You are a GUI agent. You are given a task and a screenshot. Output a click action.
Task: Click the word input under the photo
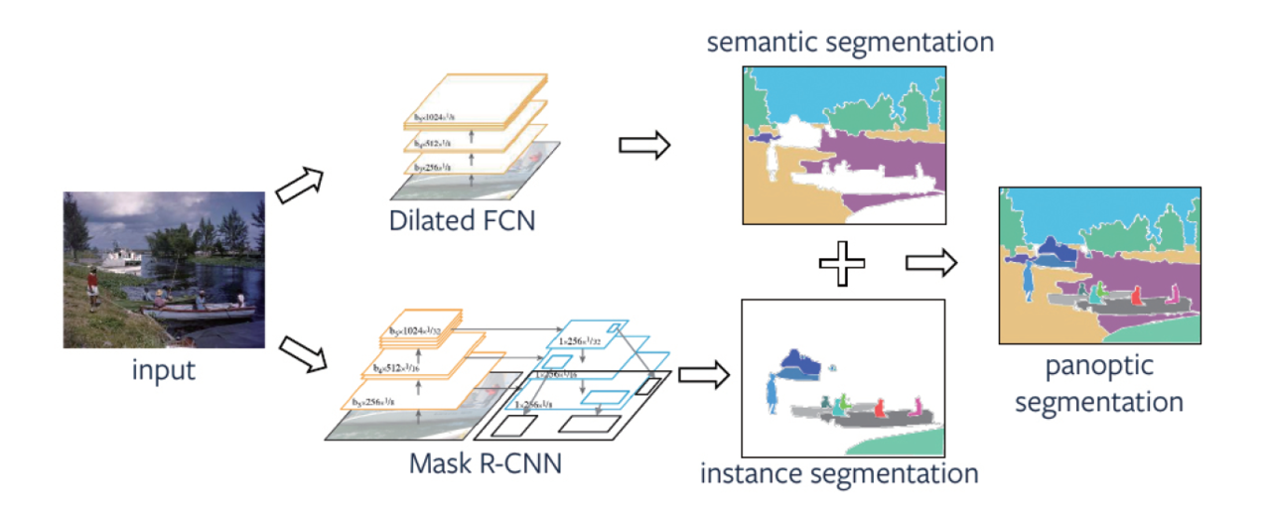(x=164, y=372)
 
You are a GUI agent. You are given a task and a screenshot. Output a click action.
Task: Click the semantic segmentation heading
(x=850, y=43)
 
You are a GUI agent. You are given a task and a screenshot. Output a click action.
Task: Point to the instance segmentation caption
(x=839, y=472)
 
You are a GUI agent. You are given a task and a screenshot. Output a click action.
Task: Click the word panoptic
(x=1099, y=366)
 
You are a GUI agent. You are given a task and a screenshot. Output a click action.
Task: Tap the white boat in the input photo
(x=124, y=260)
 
